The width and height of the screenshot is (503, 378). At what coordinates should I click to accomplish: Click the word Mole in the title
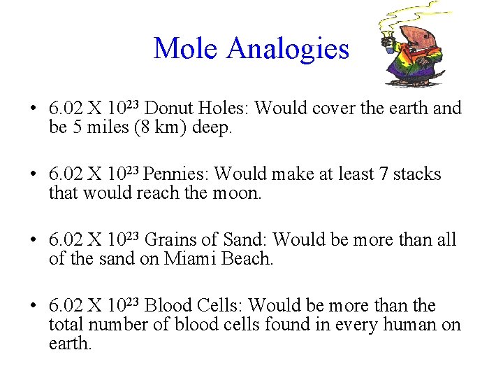tap(187, 48)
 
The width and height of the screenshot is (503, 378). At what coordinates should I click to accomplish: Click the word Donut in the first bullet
tap(168, 108)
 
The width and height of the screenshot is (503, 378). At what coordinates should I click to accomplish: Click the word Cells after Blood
tap(217, 306)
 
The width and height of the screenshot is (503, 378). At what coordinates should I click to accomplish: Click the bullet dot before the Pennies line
tap(32, 174)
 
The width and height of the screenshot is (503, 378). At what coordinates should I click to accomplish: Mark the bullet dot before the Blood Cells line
tap(32, 306)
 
